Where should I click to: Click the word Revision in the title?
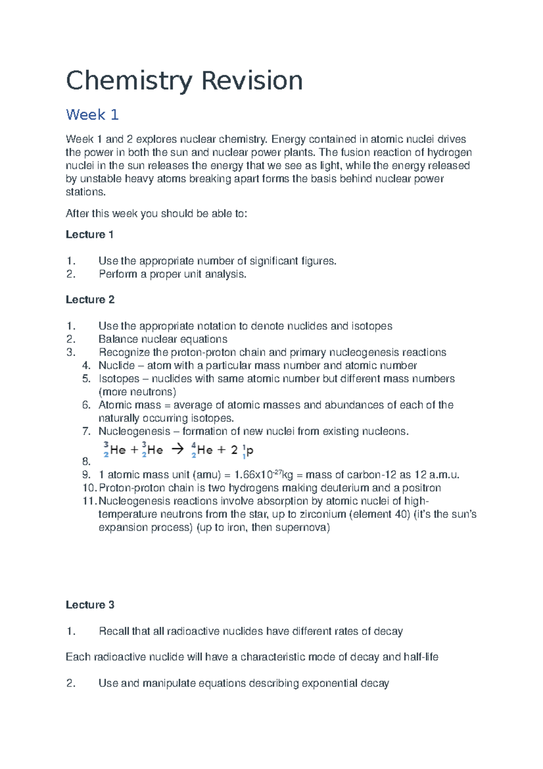click(x=252, y=81)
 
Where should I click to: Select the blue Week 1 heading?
click(x=92, y=115)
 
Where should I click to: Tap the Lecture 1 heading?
click(x=90, y=235)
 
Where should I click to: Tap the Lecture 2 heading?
click(x=90, y=300)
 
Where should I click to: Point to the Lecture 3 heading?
click(x=90, y=605)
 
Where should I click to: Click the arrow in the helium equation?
click(x=178, y=449)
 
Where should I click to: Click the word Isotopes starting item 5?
click(x=119, y=379)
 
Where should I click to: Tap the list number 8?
click(x=86, y=462)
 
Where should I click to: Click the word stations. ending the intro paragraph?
click(x=86, y=192)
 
